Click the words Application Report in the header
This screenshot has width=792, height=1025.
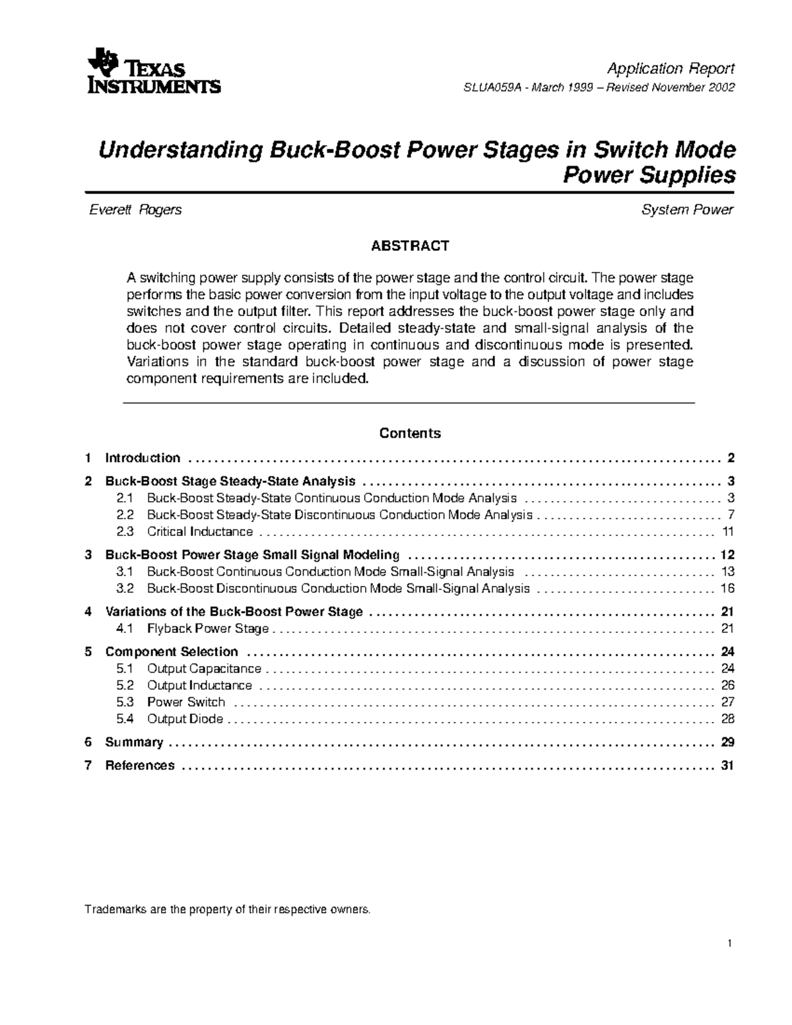[671, 69]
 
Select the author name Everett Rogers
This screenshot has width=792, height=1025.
[135, 210]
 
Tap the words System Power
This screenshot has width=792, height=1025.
[687, 210]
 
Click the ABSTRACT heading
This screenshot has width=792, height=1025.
[409, 246]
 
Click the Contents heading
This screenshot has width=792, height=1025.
[409, 434]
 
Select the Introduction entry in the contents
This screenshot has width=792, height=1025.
[143, 458]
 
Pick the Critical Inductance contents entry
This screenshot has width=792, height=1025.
[200, 532]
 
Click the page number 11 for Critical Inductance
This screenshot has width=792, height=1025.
[728, 532]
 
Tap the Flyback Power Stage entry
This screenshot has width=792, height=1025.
[208, 629]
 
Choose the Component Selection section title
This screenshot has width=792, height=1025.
[172, 652]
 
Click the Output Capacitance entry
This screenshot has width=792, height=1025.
[204, 669]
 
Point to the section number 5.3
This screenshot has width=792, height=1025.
[125, 702]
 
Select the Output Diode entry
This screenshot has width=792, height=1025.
[185, 719]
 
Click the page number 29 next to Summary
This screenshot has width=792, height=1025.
[727, 743]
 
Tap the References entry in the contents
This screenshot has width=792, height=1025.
[140, 766]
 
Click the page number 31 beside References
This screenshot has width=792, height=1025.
[727, 766]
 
